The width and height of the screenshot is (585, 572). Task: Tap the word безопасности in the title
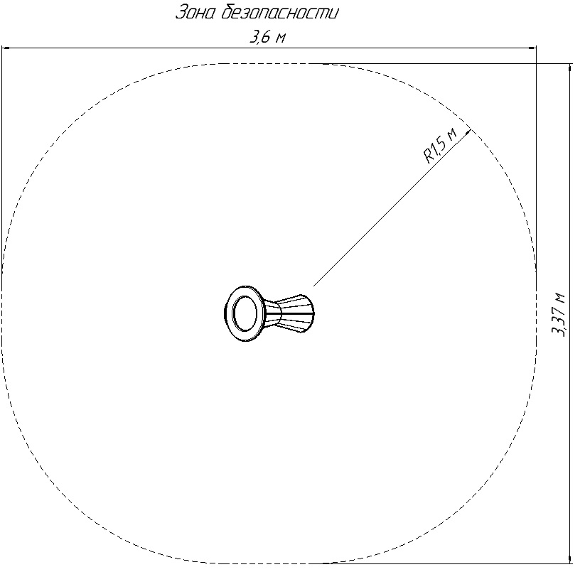tap(280, 12)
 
